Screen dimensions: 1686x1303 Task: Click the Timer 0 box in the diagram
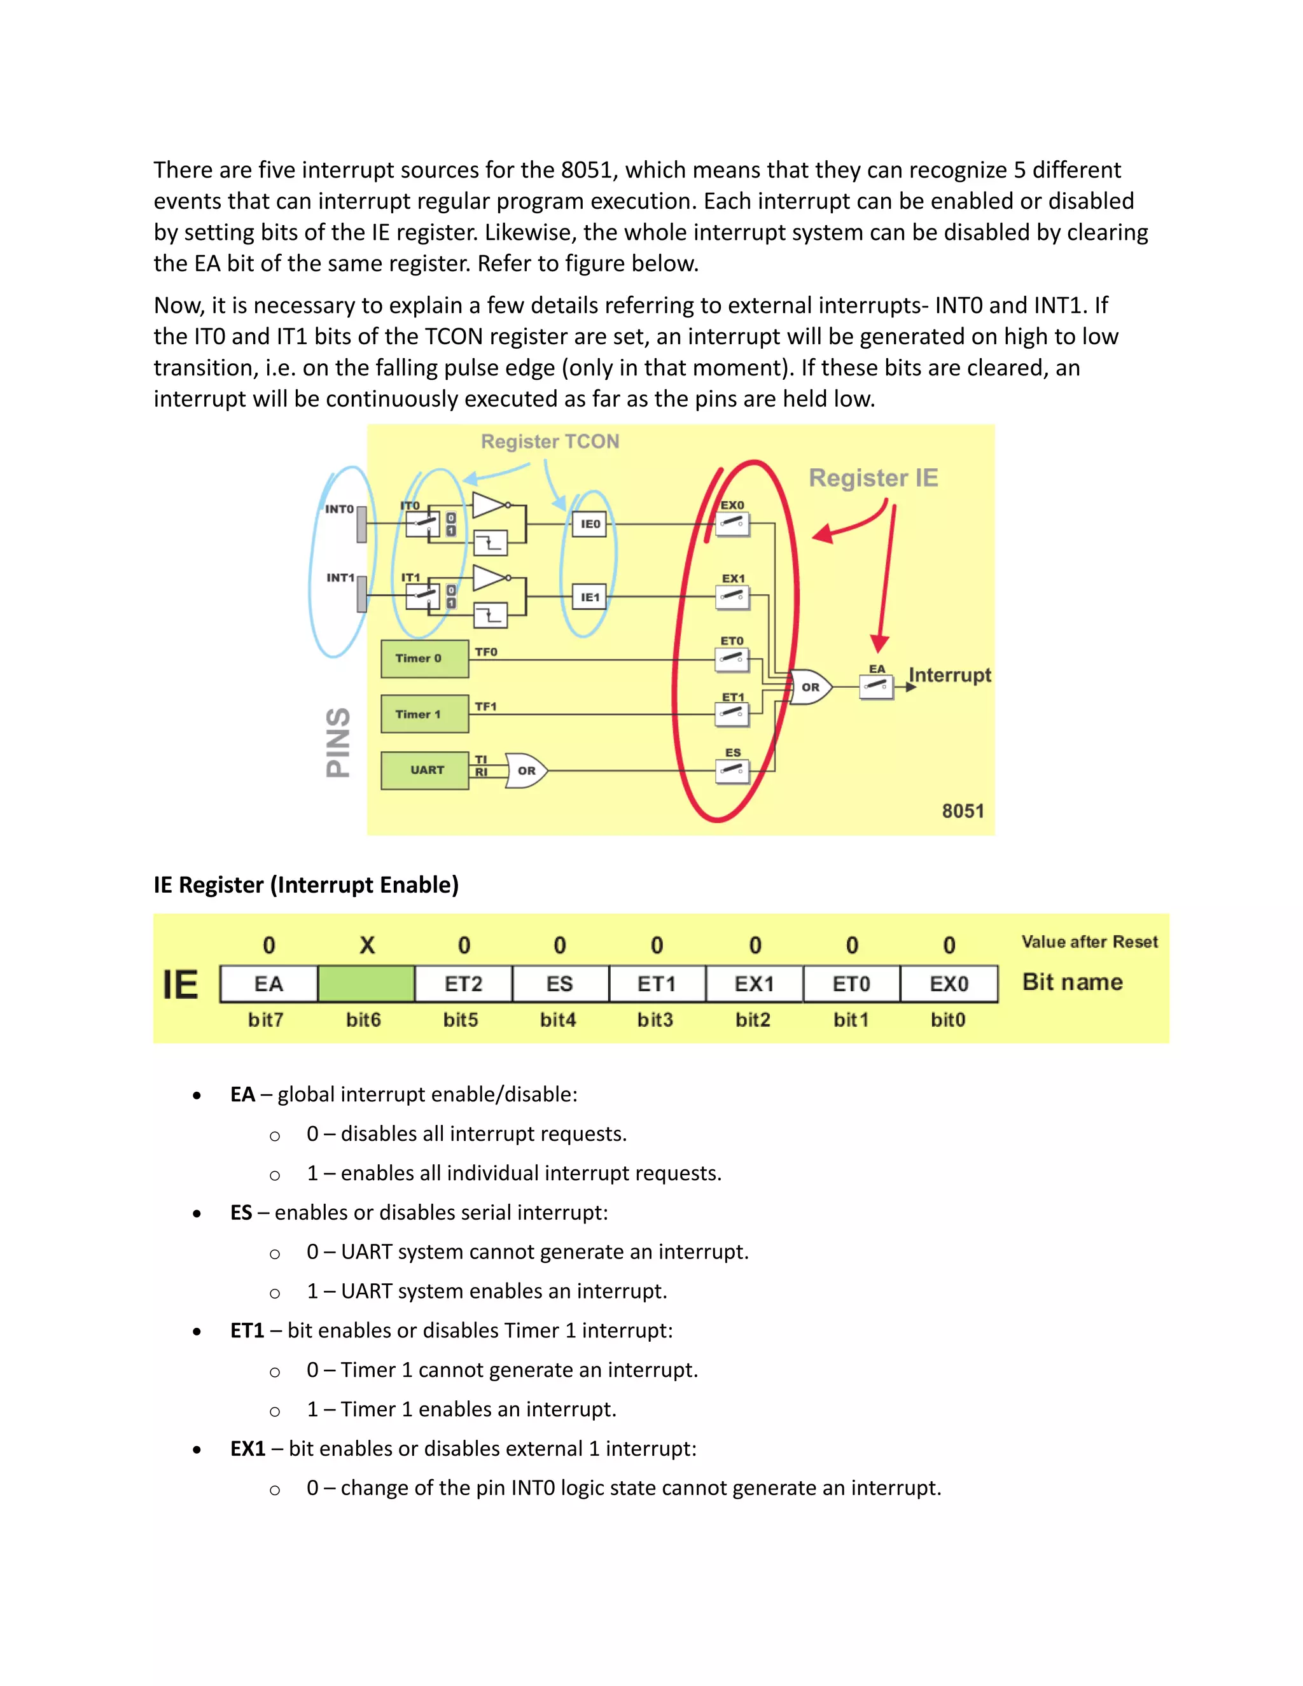pos(424,658)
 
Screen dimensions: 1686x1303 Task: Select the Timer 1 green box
pos(424,714)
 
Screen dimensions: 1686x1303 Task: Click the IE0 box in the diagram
pos(590,524)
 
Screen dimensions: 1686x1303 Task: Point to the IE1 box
pos(590,597)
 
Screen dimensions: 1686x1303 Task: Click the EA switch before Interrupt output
pos(876,686)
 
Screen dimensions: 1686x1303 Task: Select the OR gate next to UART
pos(526,770)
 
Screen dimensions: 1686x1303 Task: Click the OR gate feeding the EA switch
pos(810,686)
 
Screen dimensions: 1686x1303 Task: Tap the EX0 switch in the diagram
pos(732,525)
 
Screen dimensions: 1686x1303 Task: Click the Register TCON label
pos(550,442)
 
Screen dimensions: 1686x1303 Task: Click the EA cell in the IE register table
pos(268,984)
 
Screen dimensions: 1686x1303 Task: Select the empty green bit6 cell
pos(366,984)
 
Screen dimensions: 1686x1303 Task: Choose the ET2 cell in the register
pos(463,984)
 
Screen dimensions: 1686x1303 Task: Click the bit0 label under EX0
pos(948,1020)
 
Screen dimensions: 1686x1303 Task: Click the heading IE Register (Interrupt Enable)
pos(305,885)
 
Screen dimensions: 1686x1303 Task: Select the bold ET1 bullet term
pos(247,1331)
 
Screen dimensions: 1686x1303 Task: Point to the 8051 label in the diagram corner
pos(963,811)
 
